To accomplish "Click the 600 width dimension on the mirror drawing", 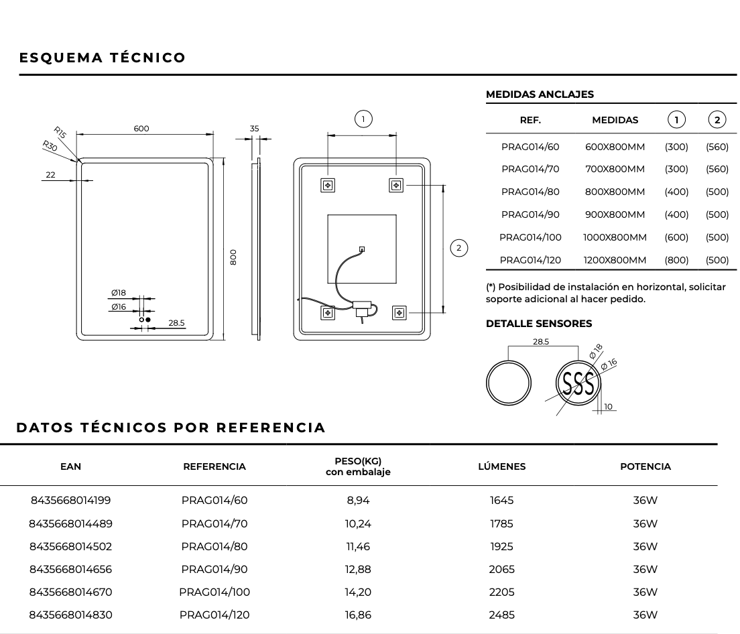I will pyautogui.click(x=141, y=129).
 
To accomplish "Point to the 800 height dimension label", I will pyautogui.click(x=233, y=257).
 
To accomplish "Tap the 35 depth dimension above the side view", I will pyautogui.click(x=254, y=129).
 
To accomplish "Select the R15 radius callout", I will pyautogui.click(x=60, y=133).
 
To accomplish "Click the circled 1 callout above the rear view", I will pyautogui.click(x=363, y=119).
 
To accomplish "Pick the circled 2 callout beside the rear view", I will pyautogui.click(x=458, y=248).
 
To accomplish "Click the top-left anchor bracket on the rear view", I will pyautogui.click(x=328, y=184).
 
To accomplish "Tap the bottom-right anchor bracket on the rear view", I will pyautogui.click(x=399, y=312).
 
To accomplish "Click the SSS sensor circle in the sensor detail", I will pyautogui.click(x=578, y=383).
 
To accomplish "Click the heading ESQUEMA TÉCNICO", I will pyautogui.click(x=103, y=58).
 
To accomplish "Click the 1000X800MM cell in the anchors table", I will pyautogui.click(x=615, y=237).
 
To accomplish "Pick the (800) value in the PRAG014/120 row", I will pyautogui.click(x=676, y=260).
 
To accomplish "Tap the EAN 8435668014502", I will pyautogui.click(x=70, y=546).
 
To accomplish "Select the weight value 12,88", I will pyautogui.click(x=358, y=569).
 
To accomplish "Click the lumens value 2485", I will pyautogui.click(x=501, y=615).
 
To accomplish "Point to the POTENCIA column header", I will pyautogui.click(x=645, y=466).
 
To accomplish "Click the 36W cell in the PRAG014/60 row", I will pyautogui.click(x=645, y=500).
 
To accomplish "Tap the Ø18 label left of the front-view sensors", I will pyautogui.click(x=119, y=293).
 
